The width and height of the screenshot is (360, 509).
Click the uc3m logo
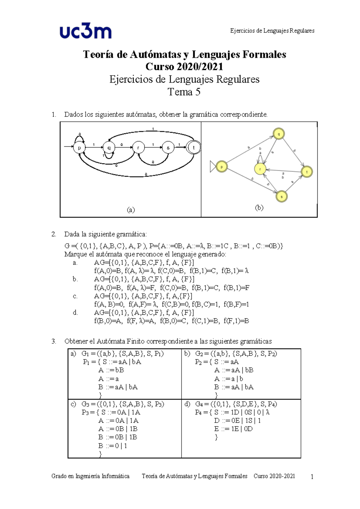(85, 32)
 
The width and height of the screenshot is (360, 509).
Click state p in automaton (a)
(79, 148)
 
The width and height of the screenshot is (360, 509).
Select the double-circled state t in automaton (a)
(193, 147)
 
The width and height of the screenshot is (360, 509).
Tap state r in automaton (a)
(138, 148)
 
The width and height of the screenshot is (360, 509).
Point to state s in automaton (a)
(168, 148)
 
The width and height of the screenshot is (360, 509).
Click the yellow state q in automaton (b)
(279, 134)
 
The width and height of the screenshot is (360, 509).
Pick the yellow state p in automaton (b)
(222, 167)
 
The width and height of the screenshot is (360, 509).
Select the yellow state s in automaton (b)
(282, 197)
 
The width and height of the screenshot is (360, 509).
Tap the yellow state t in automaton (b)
(307, 172)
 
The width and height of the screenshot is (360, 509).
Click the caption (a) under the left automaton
(130, 210)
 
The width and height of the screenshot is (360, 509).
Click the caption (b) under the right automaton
(259, 207)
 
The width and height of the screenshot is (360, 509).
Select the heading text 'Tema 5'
(184, 92)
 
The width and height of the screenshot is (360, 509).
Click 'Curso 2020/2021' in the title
(184, 67)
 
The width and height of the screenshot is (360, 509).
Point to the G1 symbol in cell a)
(84, 354)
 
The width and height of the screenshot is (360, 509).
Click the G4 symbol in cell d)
(198, 404)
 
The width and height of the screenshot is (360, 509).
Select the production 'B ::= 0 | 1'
(112, 446)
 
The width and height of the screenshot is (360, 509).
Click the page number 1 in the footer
(312, 477)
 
